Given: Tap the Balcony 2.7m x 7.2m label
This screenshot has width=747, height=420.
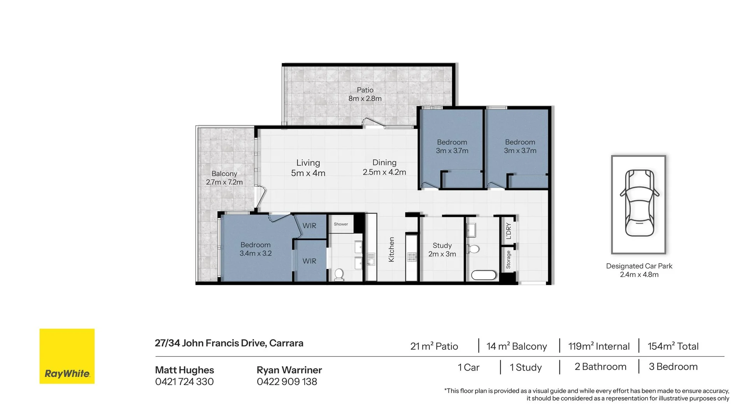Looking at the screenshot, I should (224, 178).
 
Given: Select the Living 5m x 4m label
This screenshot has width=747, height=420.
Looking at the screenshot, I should (308, 168).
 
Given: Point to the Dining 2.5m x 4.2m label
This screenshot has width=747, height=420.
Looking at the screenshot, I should (384, 167).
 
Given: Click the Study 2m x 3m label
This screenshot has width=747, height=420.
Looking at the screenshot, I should (442, 250).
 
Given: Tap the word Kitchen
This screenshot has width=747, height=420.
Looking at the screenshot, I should (391, 249).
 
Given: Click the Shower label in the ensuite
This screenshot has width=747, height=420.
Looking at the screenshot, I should (341, 224).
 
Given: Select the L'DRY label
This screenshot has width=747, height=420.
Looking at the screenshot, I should (509, 231).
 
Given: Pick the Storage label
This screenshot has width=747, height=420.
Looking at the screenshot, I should (508, 259).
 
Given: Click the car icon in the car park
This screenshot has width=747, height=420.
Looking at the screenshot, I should (639, 203).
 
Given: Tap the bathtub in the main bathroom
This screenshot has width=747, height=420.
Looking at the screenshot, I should (484, 275).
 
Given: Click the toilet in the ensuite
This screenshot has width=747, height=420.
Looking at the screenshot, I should (339, 274).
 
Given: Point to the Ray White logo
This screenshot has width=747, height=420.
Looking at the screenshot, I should (67, 356).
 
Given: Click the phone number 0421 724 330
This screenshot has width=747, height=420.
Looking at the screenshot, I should (184, 382).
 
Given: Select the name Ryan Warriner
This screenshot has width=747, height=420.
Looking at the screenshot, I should (289, 370).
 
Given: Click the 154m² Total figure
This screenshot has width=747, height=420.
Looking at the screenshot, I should (673, 346).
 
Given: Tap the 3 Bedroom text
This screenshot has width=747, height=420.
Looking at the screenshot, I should (673, 367).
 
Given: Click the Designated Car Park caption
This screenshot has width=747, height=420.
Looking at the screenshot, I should (639, 266).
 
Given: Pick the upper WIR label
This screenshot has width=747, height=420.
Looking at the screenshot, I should (310, 226).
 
